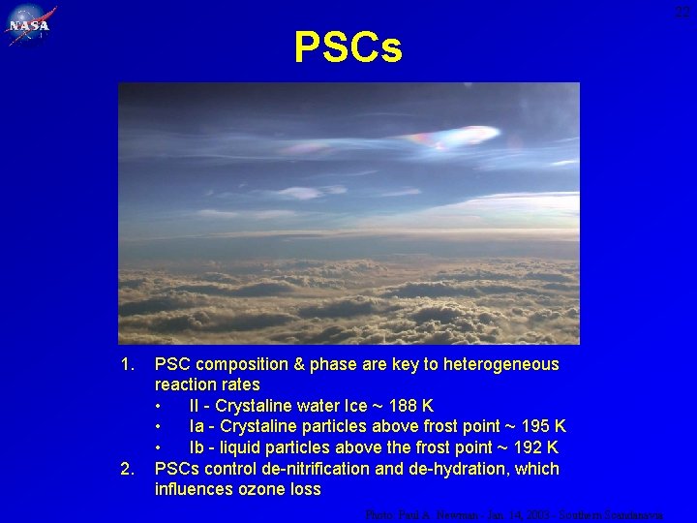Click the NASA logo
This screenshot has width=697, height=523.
(30, 26)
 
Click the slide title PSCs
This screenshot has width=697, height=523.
(348, 46)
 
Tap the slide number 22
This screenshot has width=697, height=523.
(683, 12)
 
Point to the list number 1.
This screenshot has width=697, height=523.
(125, 364)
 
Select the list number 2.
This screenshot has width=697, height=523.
(125, 469)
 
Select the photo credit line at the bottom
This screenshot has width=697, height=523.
(514, 515)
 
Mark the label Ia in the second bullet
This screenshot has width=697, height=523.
(197, 427)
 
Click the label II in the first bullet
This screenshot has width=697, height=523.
(195, 406)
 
